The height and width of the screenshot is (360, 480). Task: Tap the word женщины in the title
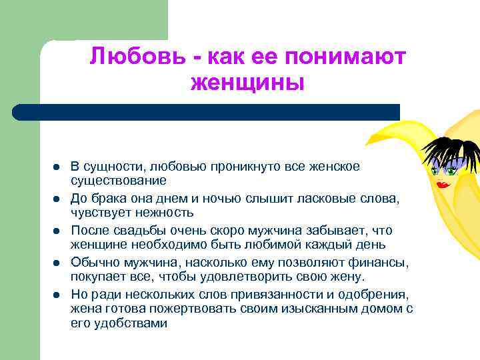[x=247, y=84]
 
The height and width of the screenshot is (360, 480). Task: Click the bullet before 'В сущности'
[x=56, y=166]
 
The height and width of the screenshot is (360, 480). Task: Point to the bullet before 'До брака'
[x=56, y=198]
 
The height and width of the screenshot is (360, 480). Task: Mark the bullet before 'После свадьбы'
[x=56, y=230]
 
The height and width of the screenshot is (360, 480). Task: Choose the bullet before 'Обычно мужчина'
[x=56, y=262]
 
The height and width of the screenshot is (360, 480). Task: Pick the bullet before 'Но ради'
[x=56, y=294]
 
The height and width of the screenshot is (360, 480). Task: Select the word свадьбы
[x=133, y=229]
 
